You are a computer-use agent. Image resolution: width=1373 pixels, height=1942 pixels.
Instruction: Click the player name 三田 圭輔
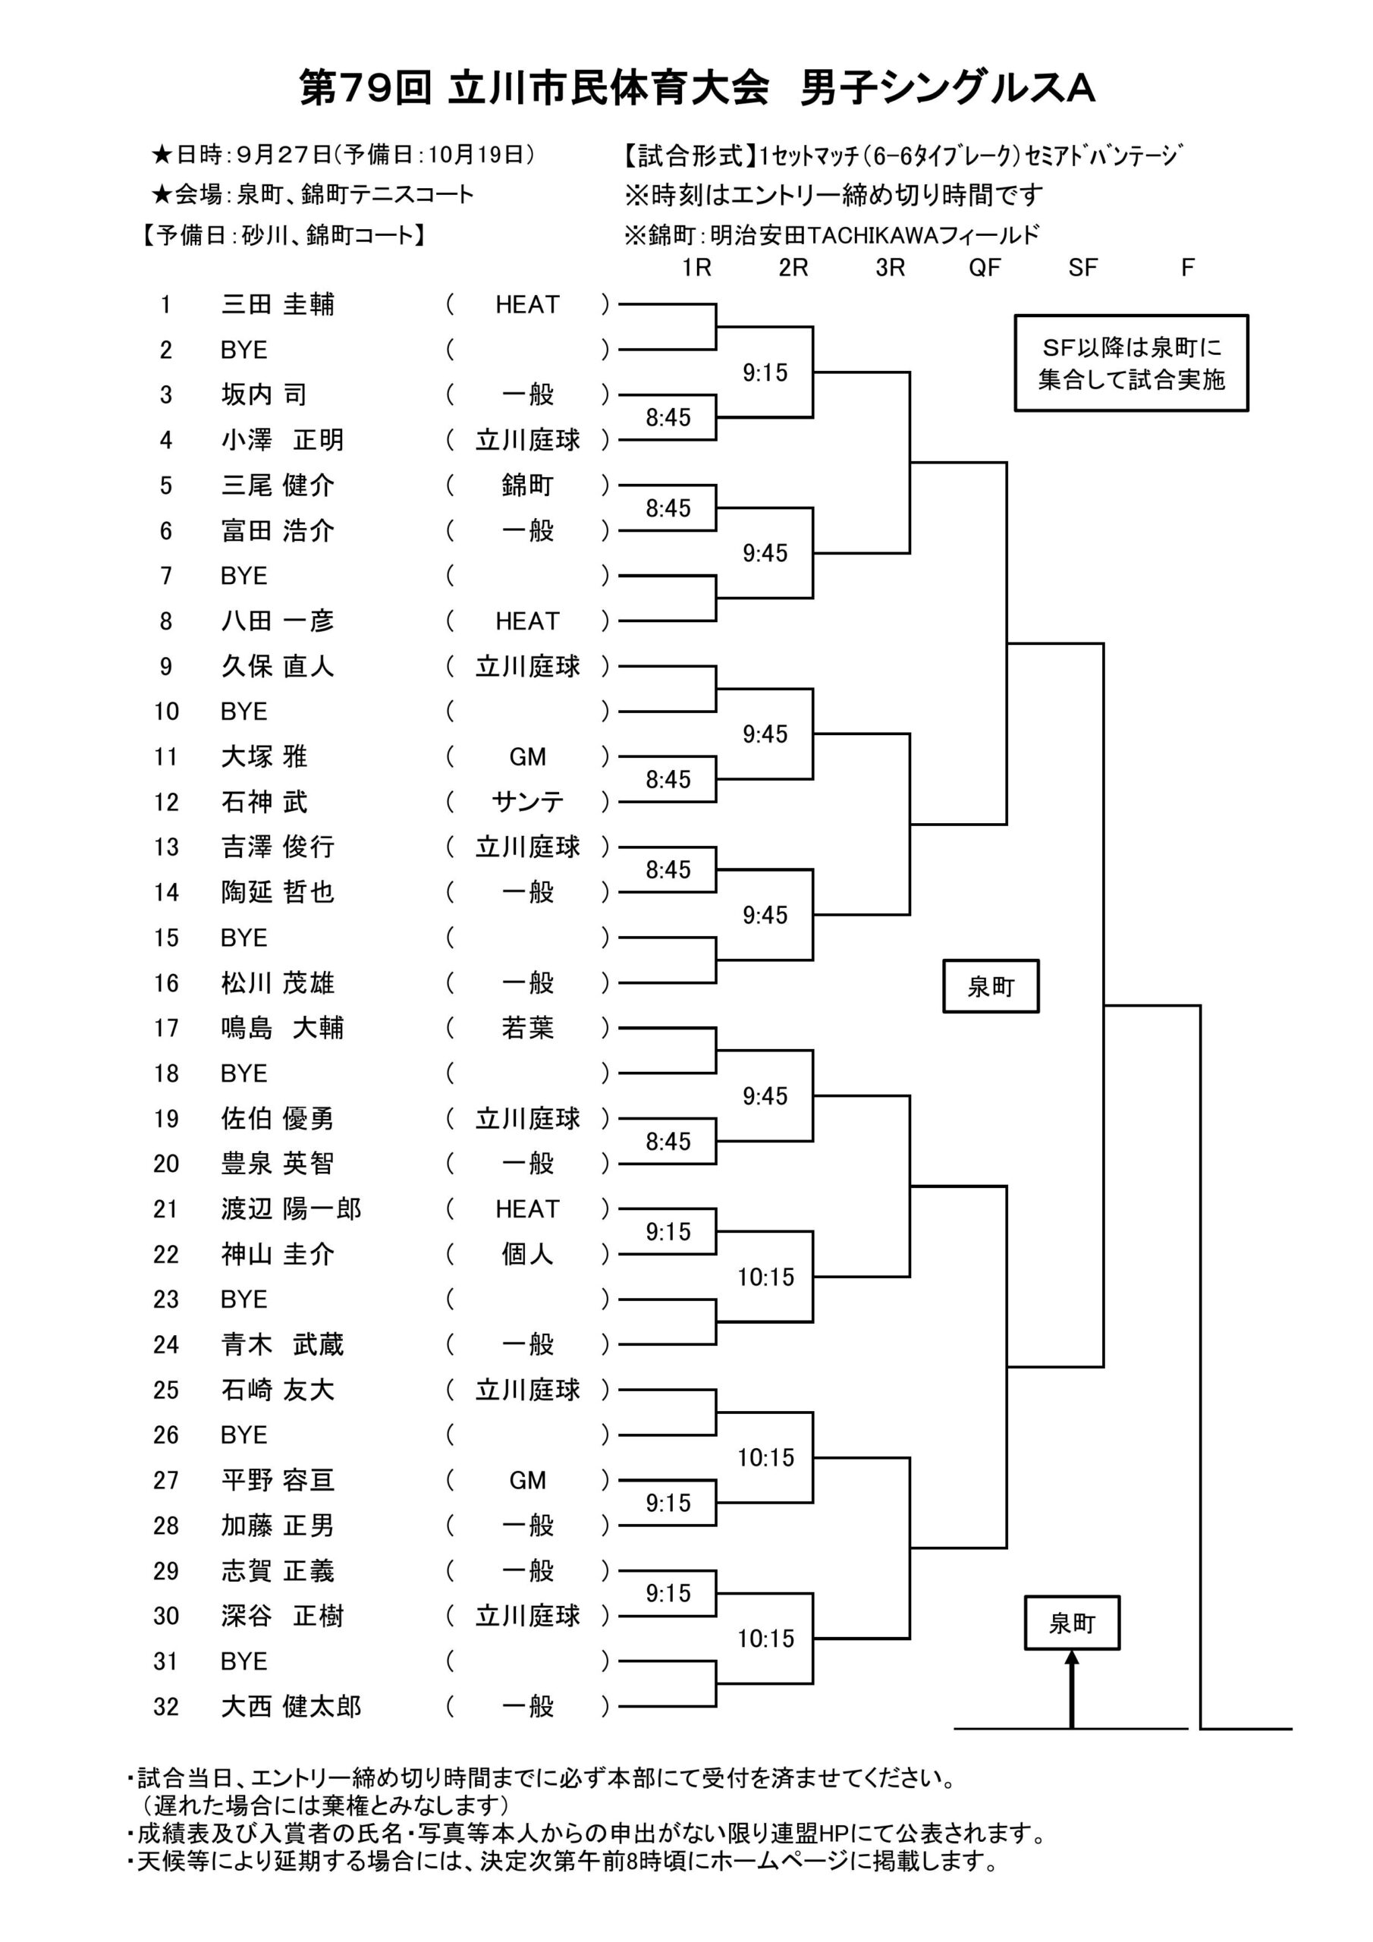278,304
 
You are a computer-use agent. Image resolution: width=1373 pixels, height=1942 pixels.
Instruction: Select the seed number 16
167,984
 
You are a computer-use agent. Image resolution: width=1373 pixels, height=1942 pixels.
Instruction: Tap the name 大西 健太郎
291,1707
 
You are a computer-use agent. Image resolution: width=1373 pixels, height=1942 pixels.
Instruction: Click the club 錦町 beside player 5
527,485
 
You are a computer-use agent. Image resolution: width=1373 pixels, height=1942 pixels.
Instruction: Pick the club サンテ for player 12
527,802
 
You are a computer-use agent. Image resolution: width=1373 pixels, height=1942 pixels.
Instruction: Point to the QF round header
985,268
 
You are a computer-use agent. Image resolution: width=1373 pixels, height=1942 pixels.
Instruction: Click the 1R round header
696,268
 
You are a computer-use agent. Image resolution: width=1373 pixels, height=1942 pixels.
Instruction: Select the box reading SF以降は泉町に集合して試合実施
1131,363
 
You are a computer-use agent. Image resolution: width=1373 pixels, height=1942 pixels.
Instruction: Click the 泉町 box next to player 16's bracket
991,986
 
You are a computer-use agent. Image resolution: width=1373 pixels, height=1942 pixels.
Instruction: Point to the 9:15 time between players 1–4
765,373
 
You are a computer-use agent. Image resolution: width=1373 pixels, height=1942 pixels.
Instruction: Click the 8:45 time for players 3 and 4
668,418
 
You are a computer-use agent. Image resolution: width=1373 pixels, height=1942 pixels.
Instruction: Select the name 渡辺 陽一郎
291,1209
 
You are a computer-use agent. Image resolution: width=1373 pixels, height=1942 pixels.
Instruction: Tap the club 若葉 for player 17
527,1029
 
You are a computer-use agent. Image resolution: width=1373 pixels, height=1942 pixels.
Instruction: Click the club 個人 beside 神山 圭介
527,1255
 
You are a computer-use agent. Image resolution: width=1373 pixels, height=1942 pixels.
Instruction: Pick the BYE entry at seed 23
243,1300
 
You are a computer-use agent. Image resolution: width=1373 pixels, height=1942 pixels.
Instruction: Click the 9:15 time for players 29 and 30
668,1594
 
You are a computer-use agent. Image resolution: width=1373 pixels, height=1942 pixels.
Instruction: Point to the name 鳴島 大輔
282,1029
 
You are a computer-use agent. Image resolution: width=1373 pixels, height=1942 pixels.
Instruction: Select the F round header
1188,268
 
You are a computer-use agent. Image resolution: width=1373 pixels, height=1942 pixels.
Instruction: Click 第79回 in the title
366,88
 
